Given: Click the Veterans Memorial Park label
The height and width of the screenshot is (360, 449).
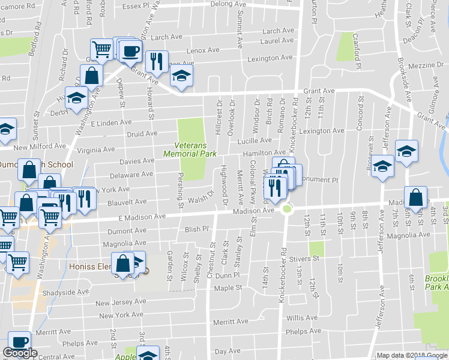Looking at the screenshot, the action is pyautogui.click(x=195, y=149).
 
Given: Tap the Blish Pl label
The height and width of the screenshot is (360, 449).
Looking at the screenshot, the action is pyautogui.click(x=196, y=229).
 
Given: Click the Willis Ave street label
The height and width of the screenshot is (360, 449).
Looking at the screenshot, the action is pyautogui.click(x=302, y=317).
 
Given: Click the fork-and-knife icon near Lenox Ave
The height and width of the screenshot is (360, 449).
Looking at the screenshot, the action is pyautogui.click(x=157, y=61).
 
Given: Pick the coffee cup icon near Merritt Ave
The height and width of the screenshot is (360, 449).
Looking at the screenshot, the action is pyautogui.click(x=19, y=341).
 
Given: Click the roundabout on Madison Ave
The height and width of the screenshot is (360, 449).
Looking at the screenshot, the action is pyautogui.click(x=286, y=209).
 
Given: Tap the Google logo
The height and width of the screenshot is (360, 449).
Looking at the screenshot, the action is pyautogui.click(x=20, y=353).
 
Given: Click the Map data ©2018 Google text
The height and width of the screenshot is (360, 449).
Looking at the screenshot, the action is pyautogui.click(x=412, y=356).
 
